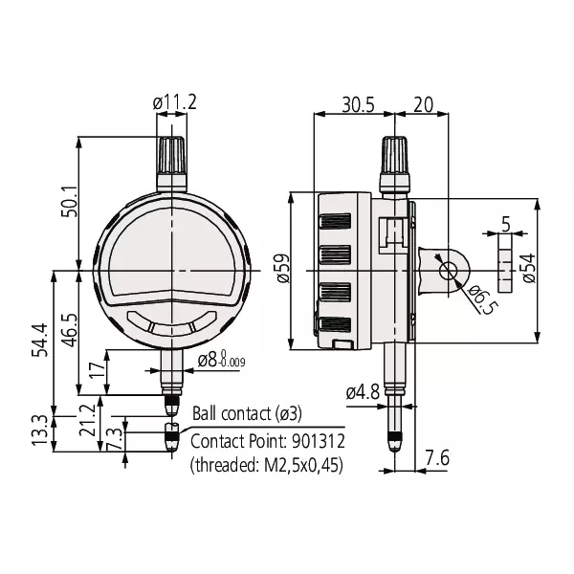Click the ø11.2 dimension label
pyautogui.click(x=173, y=101)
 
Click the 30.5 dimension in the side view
pyautogui.click(x=357, y=105)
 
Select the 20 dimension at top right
pyautogui.click(x=424, y=105)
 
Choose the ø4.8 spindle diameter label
pyautogui.click(x=364, y=391)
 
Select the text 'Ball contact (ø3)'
pyautogui.click(x=247, y=413)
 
